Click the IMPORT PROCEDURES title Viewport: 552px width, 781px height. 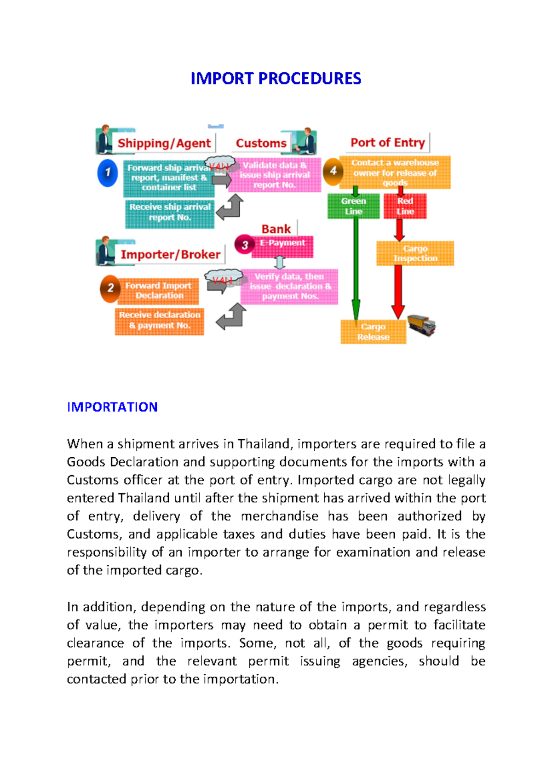coord(276,79)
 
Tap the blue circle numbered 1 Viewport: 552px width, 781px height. coord(108,173)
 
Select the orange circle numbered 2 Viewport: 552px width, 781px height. coord(110,288)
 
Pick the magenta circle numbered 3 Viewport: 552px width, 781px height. coord(245,245)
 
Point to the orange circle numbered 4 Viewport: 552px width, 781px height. coord(333,171)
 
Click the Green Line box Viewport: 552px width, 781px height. coord(353,206)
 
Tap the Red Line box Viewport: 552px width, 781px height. coord(405,206)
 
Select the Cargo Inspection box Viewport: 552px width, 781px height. coord(415,253)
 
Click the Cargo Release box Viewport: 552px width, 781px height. coord(373,332)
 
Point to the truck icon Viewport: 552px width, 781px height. coord(421,325)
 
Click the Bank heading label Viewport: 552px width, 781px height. coord(276,229)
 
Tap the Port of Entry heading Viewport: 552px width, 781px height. coord(387,143)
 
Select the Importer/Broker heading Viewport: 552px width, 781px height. coord(170,254)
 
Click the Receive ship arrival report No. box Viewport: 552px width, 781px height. coord(170,212)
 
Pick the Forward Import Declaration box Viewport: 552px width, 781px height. coord(159,291)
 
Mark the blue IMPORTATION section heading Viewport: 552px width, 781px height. coord(112,407)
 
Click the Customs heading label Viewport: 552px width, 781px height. coord(261,143)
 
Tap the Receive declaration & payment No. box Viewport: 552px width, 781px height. coord(160,321)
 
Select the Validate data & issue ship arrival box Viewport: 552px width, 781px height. coord(275,175)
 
